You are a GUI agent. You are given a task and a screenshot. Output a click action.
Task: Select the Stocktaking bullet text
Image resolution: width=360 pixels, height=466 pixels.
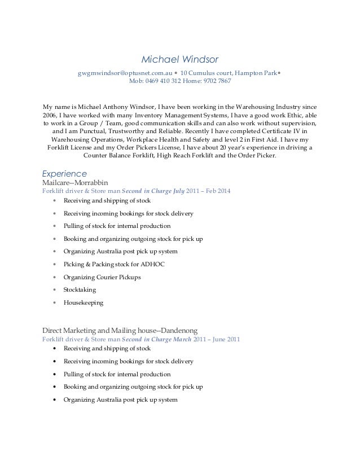80,290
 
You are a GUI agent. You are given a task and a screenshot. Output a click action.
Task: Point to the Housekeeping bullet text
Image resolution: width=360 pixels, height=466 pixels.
84,303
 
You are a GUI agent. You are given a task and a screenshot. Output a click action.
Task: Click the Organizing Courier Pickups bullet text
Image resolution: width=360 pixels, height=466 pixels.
102,277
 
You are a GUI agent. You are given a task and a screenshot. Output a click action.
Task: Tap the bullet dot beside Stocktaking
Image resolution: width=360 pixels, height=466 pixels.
54,290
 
